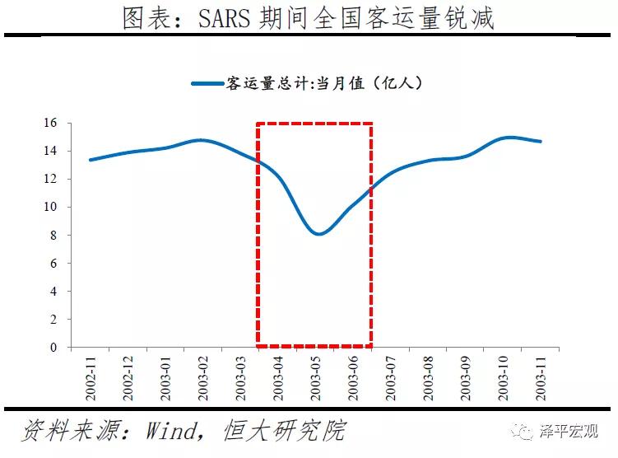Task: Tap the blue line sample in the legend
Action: click(207, 83)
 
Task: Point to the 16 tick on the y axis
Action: click(50, 123)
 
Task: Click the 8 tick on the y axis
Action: click(53, 235)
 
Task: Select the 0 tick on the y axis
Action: click(53, 347)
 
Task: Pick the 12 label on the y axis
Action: click(50, 179)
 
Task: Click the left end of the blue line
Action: click(90, 160)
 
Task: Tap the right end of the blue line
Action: click(541, 142)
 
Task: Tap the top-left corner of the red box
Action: click(258, 124)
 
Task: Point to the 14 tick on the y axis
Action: click(50, 151)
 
